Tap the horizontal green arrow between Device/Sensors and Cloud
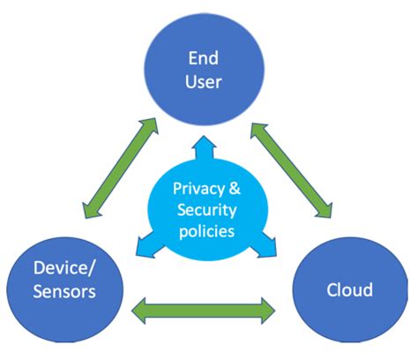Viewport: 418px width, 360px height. click(x=203, y=309)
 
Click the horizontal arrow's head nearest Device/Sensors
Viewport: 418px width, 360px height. click(x=140, y=309)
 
